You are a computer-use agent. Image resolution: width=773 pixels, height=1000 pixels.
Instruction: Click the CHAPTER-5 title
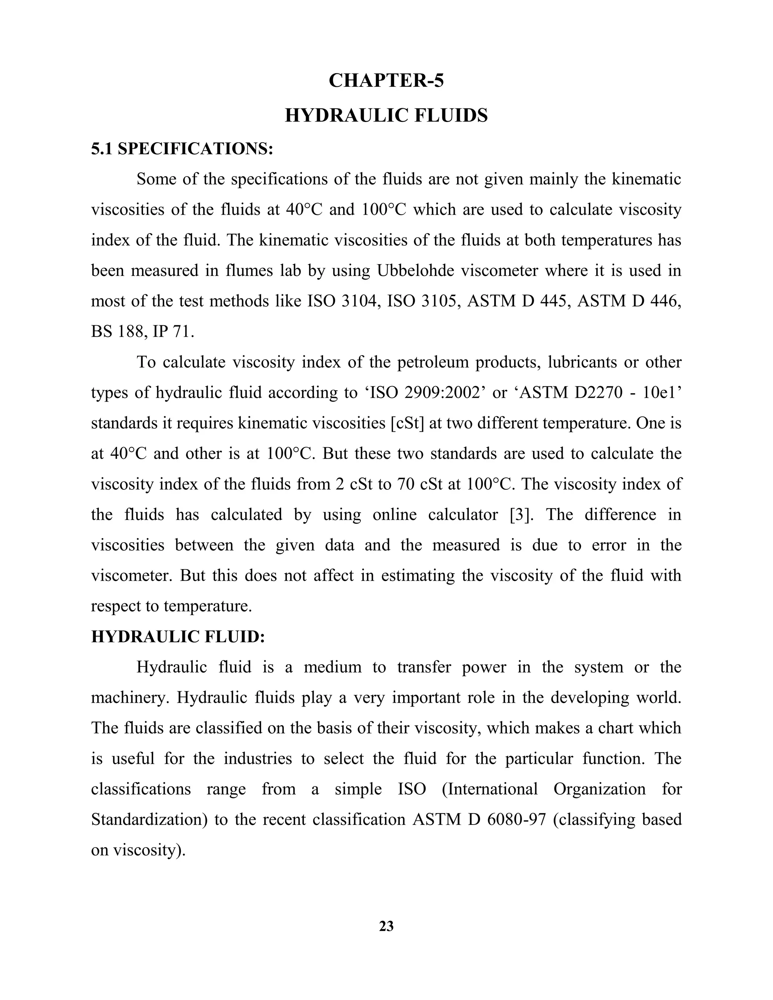pos(386,81)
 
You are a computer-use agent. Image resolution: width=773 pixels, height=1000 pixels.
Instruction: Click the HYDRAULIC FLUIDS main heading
pos(386,115)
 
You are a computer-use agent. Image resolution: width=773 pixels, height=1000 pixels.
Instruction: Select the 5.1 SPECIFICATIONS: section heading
pos(182,149)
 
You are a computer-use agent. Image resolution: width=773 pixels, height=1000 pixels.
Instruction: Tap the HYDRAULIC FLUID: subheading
pos(178,637)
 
